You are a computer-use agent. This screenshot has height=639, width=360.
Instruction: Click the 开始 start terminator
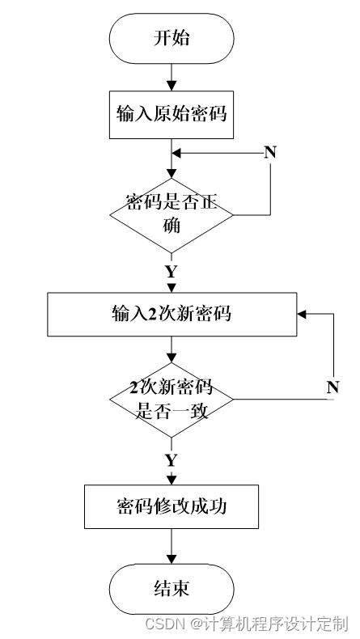(x=172, y=38)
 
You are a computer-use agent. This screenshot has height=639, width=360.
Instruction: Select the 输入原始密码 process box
(x=172, y=115)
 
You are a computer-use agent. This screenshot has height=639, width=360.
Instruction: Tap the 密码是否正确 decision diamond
(x=172, y=215)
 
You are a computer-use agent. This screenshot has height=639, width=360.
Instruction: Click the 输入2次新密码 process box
(x=172, y=314)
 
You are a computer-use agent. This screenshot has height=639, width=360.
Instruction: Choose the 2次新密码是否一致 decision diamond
(x=172, y=400)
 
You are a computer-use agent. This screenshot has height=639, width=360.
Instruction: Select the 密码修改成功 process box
(x=172, y=506)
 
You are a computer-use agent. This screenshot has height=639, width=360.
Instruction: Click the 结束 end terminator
(x=172, y=589)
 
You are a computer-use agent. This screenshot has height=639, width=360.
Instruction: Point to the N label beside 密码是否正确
(x=270, y=152)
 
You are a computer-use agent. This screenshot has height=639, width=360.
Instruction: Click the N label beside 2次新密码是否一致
(x=332, y=387)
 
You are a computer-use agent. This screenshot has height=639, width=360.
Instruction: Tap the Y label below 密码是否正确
(x=172, y=272)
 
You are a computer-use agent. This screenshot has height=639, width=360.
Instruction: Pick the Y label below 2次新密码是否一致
(x=172, y=460)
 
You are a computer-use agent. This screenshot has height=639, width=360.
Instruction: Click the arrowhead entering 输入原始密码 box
(x=172, y=86)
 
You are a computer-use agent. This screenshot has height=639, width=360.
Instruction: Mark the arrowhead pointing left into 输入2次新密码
(x=302, y=314)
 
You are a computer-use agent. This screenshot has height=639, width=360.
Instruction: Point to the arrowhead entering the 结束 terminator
(x=172, y=559)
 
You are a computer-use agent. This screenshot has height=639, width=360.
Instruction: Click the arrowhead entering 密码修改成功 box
(x=172, y=479)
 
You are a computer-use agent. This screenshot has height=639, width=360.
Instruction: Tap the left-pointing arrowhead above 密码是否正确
(x=176, y=154)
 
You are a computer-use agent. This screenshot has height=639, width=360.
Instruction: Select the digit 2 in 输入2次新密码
(x=151, y=314)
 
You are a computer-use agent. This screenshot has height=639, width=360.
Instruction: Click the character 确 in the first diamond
(x=172, y=225)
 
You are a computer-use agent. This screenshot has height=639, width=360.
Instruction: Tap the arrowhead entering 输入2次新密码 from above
(x=172, y=287)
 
